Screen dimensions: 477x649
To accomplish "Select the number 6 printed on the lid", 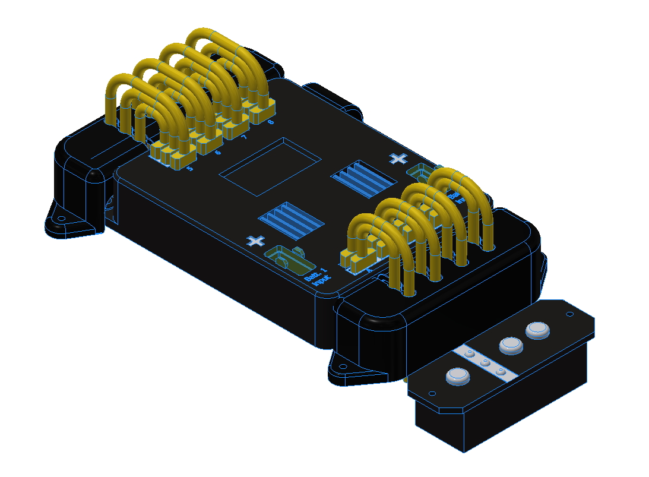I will click(x=217, y=153).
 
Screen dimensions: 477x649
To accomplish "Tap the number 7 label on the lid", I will click(x=244, y=138).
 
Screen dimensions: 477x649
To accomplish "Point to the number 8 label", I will click(x=270, y=122).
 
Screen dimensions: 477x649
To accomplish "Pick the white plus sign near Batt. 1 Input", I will click(x=256, y=241).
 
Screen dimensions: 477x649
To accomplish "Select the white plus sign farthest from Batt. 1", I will click(x=399, y=158).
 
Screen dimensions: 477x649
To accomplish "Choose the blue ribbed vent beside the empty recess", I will click(x=363, y=178).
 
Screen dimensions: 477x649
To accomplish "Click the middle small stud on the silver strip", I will click(x=485, y=362).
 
